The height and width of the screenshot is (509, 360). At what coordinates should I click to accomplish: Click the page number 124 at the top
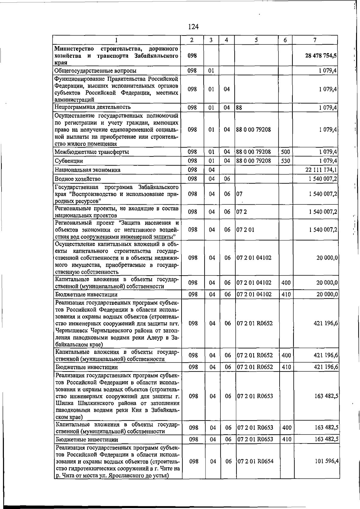[193, 27]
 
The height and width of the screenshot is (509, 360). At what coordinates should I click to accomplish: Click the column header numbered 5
[256, 40]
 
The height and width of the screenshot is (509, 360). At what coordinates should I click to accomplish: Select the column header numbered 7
[315, 40]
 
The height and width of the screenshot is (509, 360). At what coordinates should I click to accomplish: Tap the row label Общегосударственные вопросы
[95, 71]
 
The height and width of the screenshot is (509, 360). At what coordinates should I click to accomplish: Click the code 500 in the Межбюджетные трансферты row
[285, 152]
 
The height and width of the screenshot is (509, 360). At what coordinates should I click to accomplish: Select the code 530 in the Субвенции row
[285, 161]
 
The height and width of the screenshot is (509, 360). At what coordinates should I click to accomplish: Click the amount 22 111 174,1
[321, 170]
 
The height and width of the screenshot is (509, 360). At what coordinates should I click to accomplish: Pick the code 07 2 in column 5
[241, 212]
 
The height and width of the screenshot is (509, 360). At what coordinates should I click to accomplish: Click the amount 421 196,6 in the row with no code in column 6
[326, 323]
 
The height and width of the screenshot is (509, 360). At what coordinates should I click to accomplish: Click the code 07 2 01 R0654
[255, 461]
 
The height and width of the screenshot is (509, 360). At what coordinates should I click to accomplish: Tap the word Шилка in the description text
[65, 403]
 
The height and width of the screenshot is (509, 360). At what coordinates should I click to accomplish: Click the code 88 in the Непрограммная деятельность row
[239, 107]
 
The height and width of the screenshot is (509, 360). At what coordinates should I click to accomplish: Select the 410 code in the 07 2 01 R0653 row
[287, 439]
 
